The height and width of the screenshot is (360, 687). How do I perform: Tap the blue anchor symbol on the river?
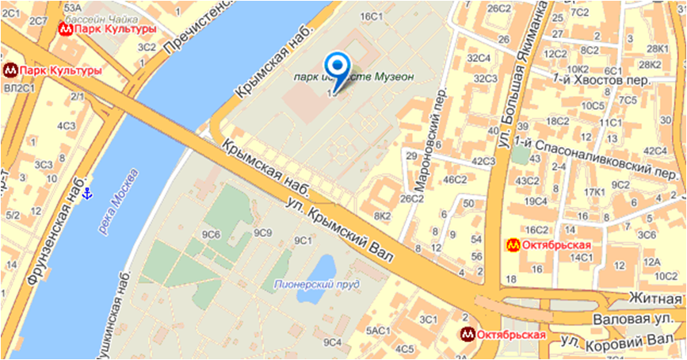tap(88, 193)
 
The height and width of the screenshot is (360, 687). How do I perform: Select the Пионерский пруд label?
tap(315, 283)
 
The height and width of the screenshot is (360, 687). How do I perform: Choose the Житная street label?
tap(655, 299)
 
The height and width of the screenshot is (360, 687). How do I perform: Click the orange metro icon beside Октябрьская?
tap(513, 245)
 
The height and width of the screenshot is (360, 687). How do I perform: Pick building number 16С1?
tap(372, 16)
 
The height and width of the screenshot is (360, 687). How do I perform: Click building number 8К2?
tap(383, 215)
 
